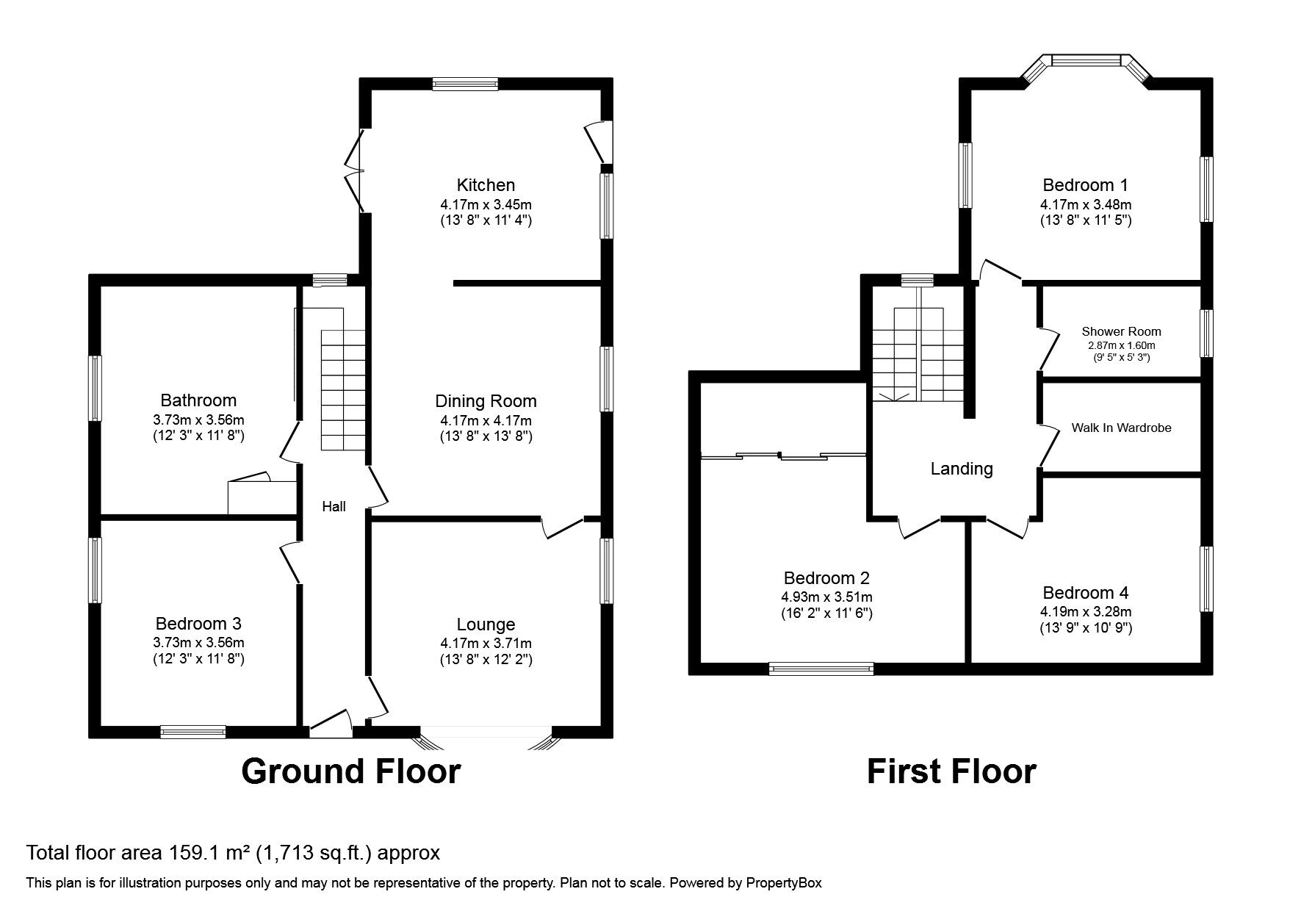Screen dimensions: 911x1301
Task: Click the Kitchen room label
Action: [486, 185]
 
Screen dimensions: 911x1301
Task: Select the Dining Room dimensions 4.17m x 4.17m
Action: [486, 421]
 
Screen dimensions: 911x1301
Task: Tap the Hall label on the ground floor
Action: [334, 506]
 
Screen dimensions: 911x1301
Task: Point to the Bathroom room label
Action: [198, 400]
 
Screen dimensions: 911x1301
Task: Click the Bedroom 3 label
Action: [198, 624]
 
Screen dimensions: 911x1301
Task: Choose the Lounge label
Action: [486, 624]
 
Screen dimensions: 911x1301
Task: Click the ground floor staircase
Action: [343, 389]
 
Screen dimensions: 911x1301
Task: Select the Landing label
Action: [962, 469]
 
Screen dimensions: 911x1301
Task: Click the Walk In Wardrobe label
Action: [1121, 428]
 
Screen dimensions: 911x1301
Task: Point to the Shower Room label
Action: [1121, 331]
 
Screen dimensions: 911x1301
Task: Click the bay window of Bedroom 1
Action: [1086, 60]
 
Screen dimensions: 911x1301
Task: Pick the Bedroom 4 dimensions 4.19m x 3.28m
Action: [1086, 612]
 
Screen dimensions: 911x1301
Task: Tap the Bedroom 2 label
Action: [826, 578]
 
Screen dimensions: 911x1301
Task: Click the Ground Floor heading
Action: [350, 772]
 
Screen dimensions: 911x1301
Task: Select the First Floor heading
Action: [951, 772]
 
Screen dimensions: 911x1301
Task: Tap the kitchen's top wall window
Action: [465, 84]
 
